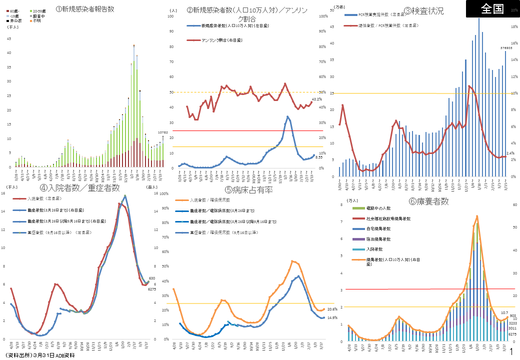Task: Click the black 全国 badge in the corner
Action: (492, 9)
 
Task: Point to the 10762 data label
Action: (162, 132)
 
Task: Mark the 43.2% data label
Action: (316, 99)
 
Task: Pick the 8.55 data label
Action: (318, 157)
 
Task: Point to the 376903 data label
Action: (506, 48)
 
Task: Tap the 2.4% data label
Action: (510, 153)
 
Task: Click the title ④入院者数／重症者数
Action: (80, 188)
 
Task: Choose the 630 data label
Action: (152, 278)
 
